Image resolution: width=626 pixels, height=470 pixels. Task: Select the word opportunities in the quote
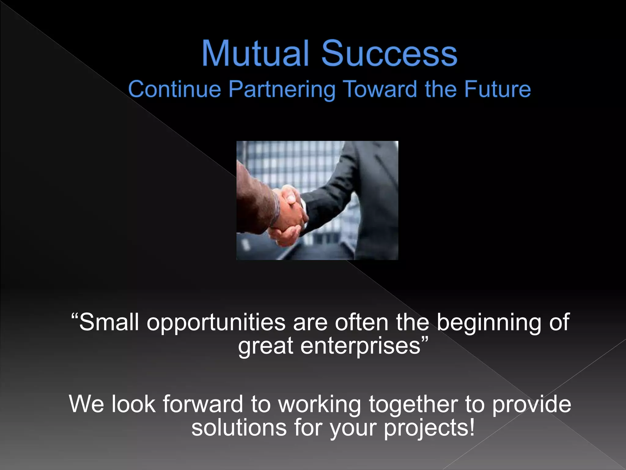pyautogui.click(x=216, y=323)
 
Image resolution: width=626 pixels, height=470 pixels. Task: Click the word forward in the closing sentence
pyautogui.click(x=203, y=404)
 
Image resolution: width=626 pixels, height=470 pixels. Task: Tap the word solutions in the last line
pyautogui.click(x=239, y=427)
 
